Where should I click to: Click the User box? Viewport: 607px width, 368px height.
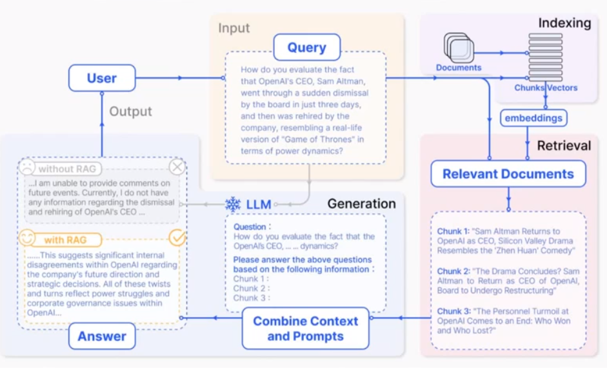(102, 78)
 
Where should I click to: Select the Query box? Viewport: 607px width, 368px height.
(307, 47)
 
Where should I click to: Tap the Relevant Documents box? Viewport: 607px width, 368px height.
(508, 174)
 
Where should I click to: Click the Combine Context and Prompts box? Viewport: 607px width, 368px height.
(306, 329)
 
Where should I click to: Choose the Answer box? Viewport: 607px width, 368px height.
(102, 336)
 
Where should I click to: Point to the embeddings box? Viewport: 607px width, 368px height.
(533, 118)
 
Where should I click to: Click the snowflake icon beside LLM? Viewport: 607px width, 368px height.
(233, 204)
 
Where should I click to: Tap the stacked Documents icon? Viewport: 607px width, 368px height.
(459, 48)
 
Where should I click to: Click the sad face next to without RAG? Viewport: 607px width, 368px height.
(27, 167)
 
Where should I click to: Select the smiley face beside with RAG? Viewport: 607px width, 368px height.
(27, 238)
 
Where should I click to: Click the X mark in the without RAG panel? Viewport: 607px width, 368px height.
(177, 167)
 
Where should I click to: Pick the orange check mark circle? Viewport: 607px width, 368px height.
(177, 238)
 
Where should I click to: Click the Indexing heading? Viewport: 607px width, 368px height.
(564, 23)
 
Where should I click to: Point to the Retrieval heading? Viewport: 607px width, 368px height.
(564, 146)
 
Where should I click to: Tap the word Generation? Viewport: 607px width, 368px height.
(362, 204)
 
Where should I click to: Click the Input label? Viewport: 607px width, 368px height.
(234, 28)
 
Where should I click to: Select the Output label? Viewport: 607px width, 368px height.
(130, 111)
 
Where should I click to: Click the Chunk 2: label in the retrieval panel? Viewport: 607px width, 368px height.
(453, 271)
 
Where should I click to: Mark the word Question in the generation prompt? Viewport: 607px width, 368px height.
(250, 227)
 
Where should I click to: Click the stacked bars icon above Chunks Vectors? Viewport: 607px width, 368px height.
(546, 57)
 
